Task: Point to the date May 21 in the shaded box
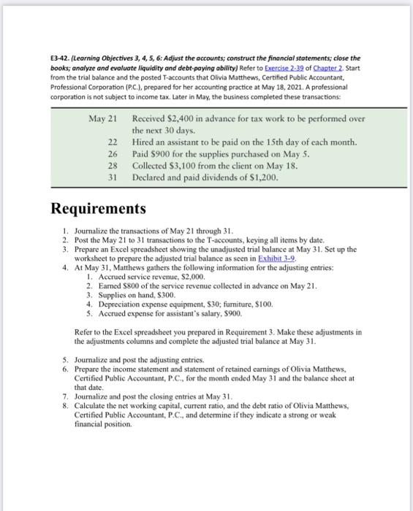tap(103, 119)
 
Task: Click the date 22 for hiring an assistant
tap(111, 141)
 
